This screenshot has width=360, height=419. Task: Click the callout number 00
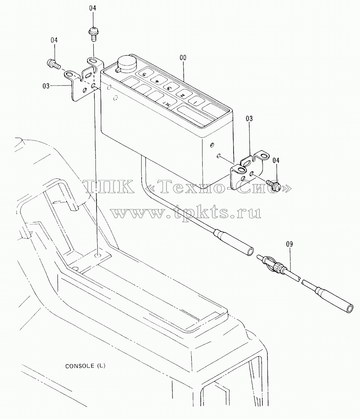[x=183, y=58]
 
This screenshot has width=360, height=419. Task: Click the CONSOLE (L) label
[x=85, y=366]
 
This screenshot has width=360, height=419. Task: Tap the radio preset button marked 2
[x=182, y=95]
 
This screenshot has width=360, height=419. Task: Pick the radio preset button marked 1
[x=195, y=102]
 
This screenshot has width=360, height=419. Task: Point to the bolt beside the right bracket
[x=273, y=185]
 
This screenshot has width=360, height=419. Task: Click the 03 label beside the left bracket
[x=46, y=86]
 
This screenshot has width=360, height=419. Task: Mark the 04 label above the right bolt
[x=276, y=160]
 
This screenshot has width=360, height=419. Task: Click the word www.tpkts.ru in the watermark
[x=186, y=213]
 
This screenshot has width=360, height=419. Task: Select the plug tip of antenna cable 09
[x=259, y=257]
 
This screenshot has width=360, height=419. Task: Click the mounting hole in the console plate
[x=98, y=256]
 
